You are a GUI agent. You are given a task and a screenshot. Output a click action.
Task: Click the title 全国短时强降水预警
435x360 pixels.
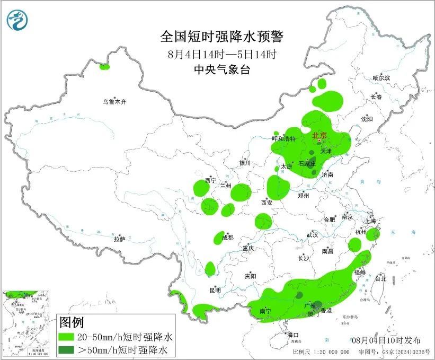(222, 37)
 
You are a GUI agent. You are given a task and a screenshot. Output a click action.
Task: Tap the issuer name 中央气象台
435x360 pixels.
(222, 69)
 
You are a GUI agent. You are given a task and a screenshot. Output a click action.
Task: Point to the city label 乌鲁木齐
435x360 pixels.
(115, 101)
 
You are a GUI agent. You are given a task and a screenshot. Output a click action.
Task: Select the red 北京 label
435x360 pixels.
(320, 136)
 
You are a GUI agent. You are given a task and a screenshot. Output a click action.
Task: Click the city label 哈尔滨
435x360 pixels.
(380, 78)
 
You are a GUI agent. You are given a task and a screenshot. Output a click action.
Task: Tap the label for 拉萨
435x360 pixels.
(119, 239)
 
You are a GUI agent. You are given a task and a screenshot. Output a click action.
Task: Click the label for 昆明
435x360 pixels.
(215, 290)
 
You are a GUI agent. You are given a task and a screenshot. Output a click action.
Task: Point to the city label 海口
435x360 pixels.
(294, 335)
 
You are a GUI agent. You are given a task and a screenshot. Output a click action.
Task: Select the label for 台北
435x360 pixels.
(380, 278)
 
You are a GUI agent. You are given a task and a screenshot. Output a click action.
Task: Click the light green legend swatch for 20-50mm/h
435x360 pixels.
(72, 337)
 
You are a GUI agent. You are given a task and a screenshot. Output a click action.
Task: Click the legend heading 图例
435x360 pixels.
(72, 322)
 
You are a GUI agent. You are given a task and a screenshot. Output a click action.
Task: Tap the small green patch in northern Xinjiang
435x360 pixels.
(104, 67)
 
